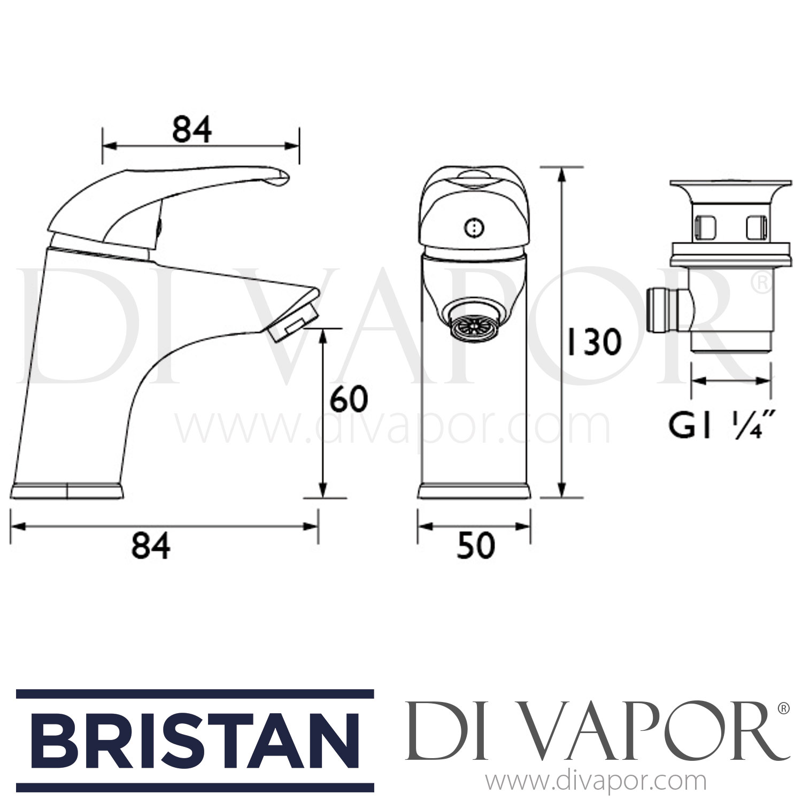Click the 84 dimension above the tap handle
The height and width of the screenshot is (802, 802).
coord(192,129)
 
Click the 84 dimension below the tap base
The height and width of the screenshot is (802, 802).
coord(151,546)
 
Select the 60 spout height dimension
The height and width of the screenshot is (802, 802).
coord(349,399)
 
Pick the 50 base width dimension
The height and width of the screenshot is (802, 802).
coord(475,546)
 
